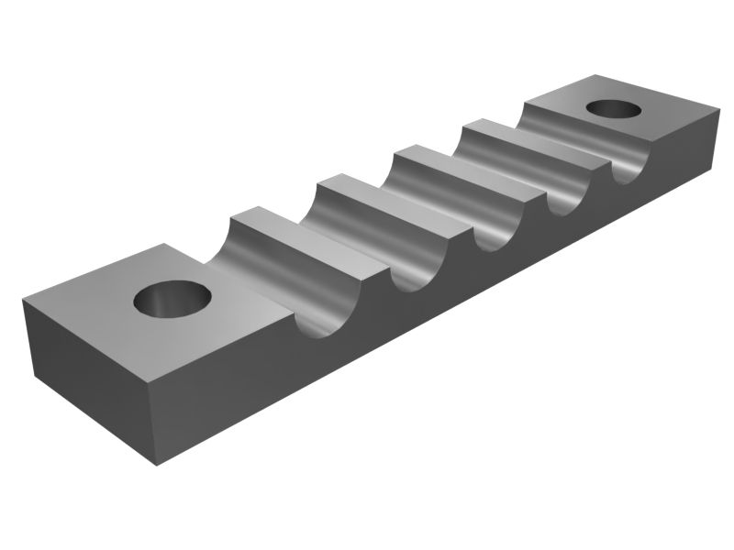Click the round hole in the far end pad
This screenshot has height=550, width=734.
(x=613, y=108)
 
